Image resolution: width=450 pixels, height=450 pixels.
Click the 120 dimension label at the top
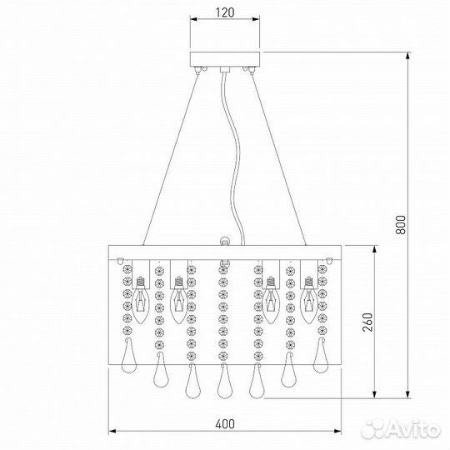[x=225, y=12]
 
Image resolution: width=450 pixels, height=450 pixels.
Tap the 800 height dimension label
[x=401, y=225]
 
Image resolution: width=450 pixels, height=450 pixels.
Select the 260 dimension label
[x=367, y=322]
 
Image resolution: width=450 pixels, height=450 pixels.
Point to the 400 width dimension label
[x=225, y=424]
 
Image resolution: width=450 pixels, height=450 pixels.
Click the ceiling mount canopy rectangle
[x=225, y=59]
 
